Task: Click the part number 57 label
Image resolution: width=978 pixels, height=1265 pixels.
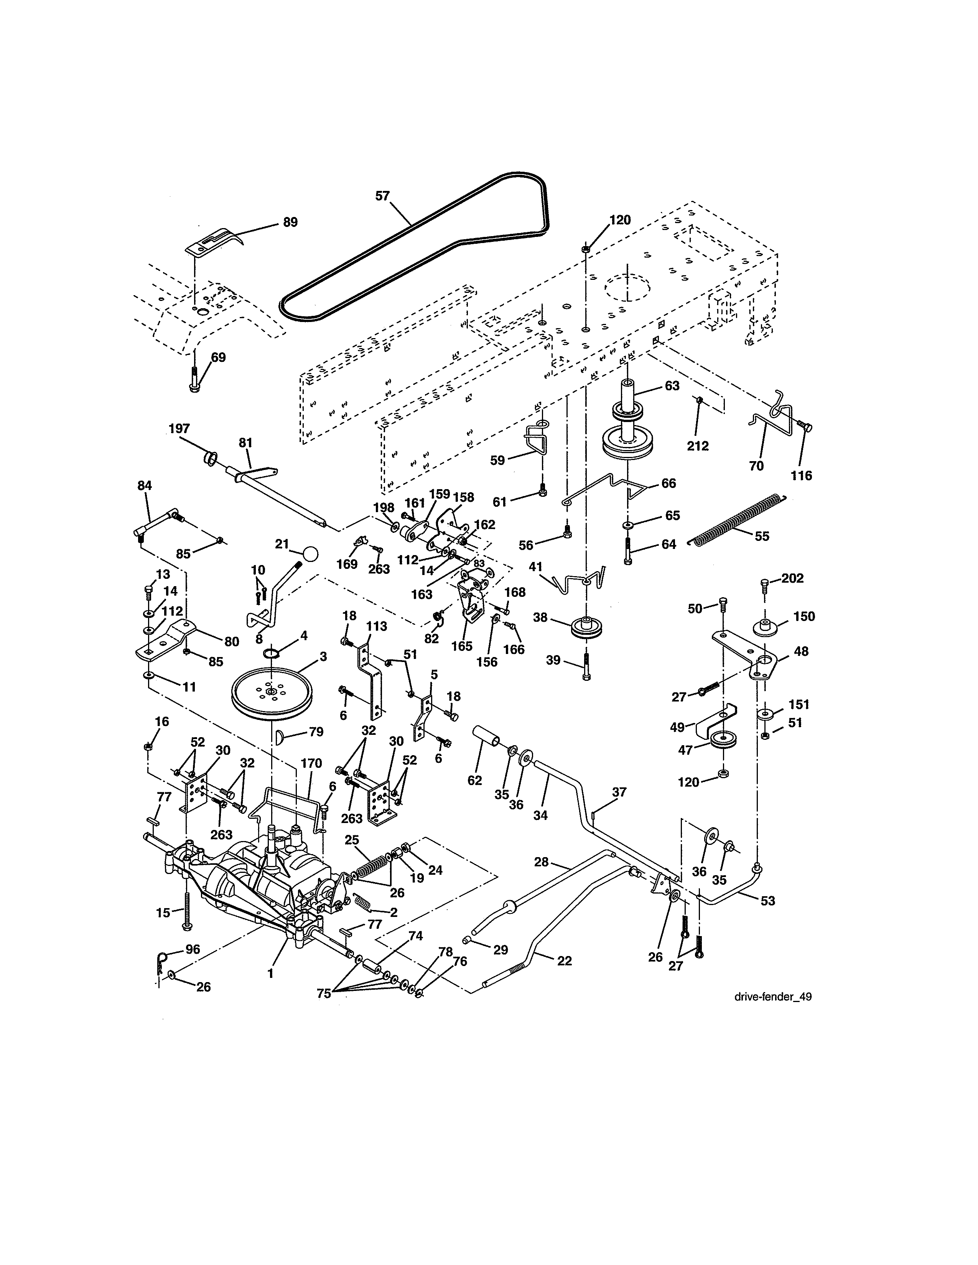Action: click(x=382, y=196)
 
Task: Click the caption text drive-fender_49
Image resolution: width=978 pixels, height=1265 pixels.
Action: click(x=772, y=997)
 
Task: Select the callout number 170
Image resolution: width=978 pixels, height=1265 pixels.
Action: click(x=311, y=763)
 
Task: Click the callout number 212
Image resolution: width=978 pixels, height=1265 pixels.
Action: click(x=698, y=446)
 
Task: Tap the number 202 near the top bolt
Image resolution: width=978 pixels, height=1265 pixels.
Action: click(x=792, y=578)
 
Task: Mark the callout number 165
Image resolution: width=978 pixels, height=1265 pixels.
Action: click(x=462, y=646)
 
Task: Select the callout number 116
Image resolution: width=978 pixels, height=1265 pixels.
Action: click(x=802, y=476)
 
